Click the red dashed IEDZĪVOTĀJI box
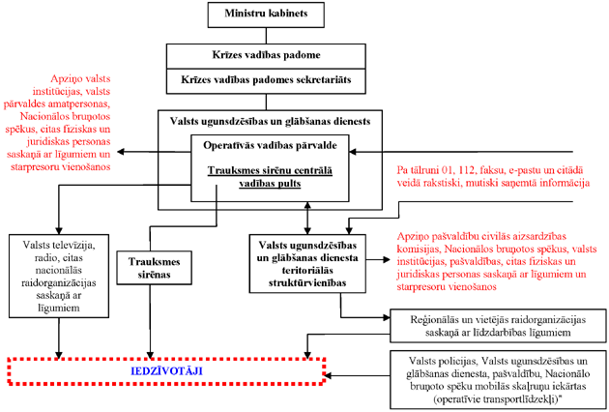coord(166,369)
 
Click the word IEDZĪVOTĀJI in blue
coord(166,369)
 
